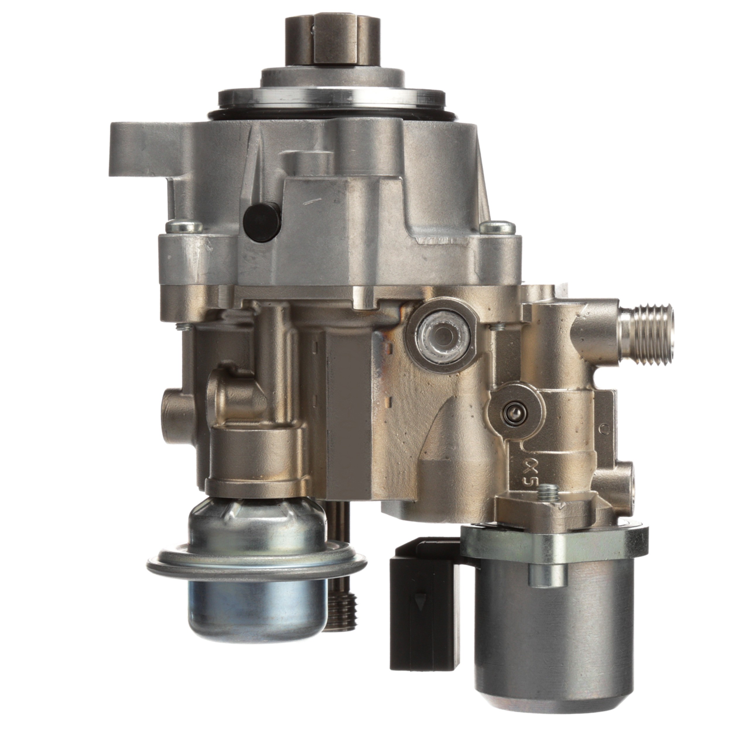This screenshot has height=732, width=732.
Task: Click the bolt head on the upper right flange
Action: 497,227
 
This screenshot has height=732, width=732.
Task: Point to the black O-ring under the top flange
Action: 330,114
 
